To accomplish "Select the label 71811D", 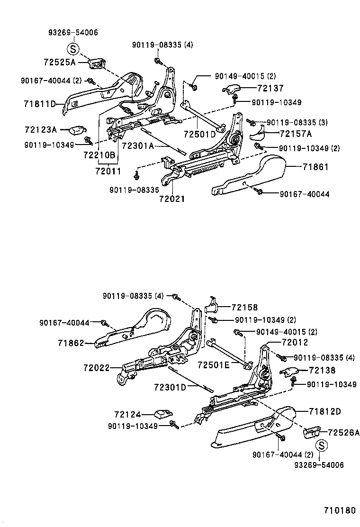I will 40,104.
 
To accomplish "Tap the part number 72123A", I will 40,129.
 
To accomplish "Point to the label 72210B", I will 99,155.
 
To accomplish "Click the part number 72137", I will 270,88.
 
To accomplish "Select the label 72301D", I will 169,387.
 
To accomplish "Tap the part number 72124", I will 127,415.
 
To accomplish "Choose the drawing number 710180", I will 339,510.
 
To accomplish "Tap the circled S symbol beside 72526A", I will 321,445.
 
